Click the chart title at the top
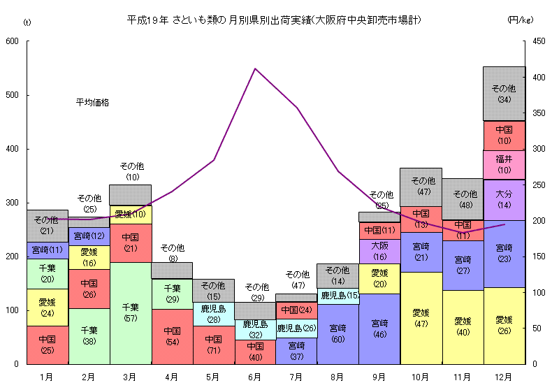pyautogui.click(x=274, y=20)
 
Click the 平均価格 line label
pyautogui.click(x=93, y=102)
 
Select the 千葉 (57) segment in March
pyautogui.click(x=131, y=312)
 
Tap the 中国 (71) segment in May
pyautogui.click(x=214, y=345)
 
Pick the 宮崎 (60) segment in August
pyautogui.click(x=337, y=333)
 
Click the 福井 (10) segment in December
pyautogui.click(x=504, y=165)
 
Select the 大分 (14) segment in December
pyautogui.click(x=504, y=200)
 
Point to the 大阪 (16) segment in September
pyautogui.click(x=379, y=251)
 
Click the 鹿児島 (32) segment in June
pyautogui.click(x=255, y=329)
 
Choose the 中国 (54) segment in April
pyautogui.click(x=172, y=336)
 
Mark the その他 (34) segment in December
pyautogui.click(x=504, y=94)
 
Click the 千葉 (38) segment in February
pyautogui.click(x=89, y=335)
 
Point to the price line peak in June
pyautogui.click(x=255, y=68)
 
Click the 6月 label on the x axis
pyautogui.click(x=255, y=377)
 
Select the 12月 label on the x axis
pyautogui.click(x=504, y=377)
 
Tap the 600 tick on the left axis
pyautogui.click(x=12, y=41)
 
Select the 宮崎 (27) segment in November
pyautogui.click(x=463, y=265)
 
